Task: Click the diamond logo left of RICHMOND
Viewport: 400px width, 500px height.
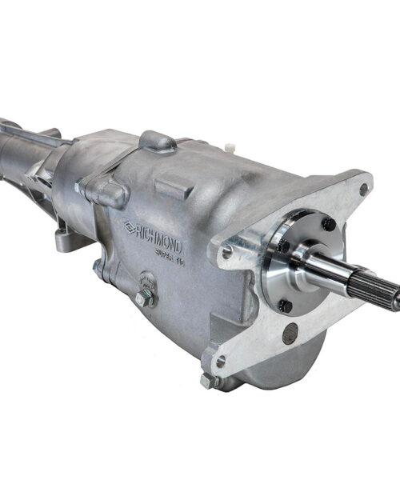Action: (129, 227)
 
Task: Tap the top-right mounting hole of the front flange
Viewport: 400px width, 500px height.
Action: (363, 190)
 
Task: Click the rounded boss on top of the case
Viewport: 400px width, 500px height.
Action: (157, 142)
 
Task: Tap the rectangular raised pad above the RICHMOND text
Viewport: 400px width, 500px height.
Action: (174, 189)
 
